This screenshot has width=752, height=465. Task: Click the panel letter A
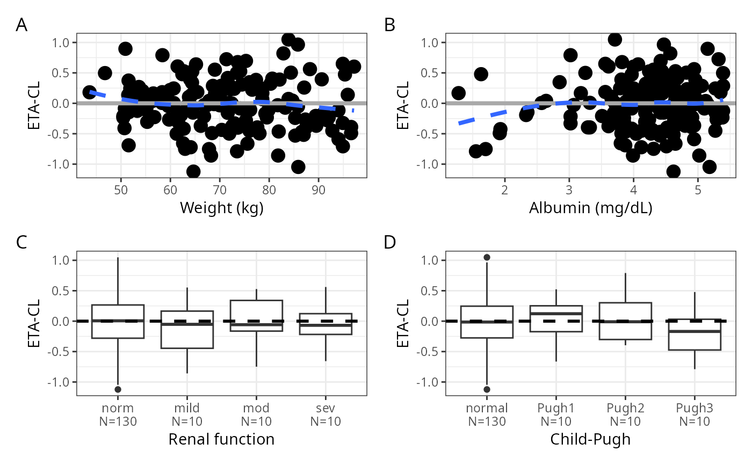coord(21,25)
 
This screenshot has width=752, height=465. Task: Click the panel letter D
coord(391,243)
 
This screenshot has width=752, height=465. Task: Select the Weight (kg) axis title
coord(221,207)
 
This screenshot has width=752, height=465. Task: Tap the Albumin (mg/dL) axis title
coord(590,207)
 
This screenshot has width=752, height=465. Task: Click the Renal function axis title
coord(221,439)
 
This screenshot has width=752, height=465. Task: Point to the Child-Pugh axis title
coord(590,439)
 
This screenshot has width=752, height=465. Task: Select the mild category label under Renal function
coord(187,408)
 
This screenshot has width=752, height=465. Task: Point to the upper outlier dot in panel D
coord(487,257)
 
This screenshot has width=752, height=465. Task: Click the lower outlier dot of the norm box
coord(118,389)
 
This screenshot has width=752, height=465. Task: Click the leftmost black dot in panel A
coord(90,92)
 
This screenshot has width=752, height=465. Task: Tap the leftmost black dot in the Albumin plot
coord(458,93)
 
